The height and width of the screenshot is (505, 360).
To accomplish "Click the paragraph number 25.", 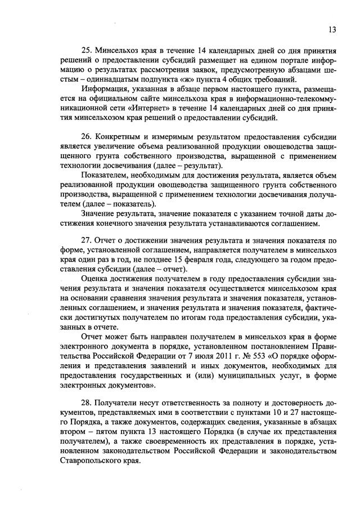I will click(87, 49).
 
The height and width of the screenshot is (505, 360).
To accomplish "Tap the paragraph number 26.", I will click(87, 137).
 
